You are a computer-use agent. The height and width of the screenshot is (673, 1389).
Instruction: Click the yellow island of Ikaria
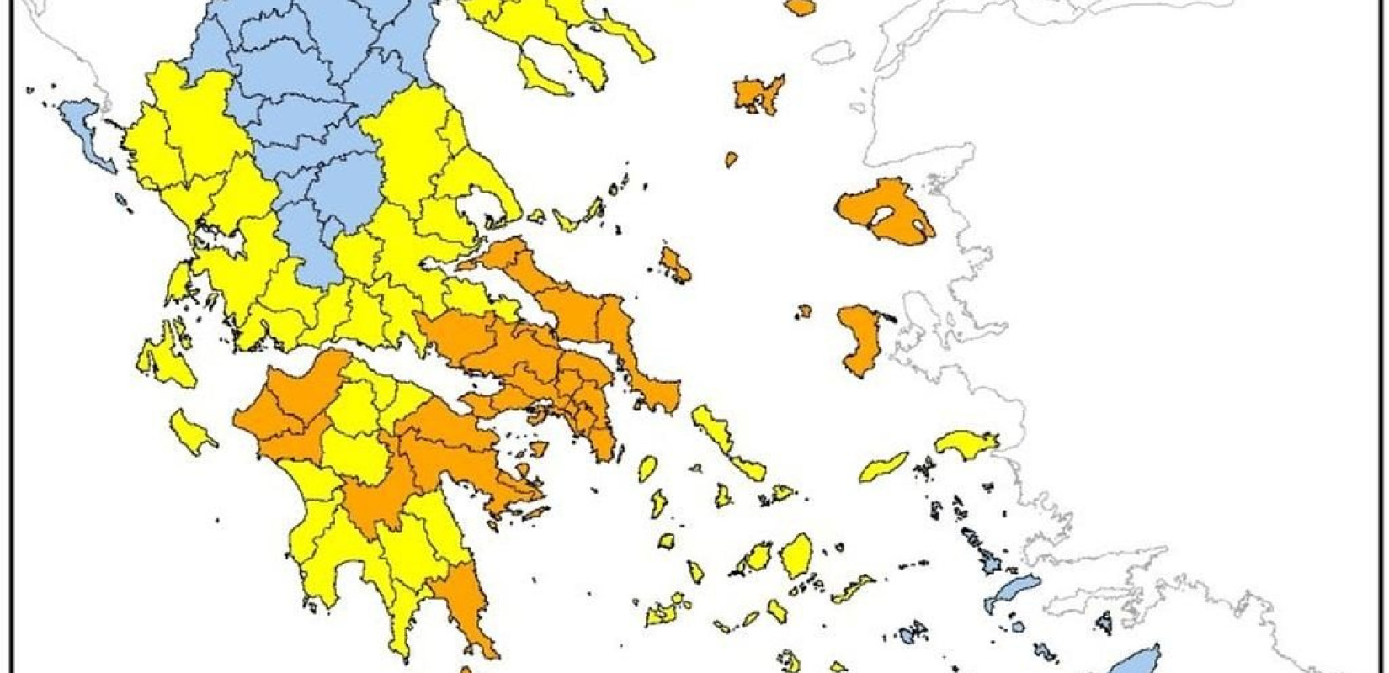(x=884, y=467)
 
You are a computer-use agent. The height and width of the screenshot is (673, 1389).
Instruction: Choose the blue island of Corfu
(x=88, y=135)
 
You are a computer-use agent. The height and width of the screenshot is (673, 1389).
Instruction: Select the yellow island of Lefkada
(x=179, y=282)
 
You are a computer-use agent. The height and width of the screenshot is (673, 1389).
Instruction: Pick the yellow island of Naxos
(x=796, y=555)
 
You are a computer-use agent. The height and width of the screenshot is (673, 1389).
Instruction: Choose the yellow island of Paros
(x=758, y=557)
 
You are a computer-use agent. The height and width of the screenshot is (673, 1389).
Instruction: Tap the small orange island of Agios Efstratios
(x=731, y=158)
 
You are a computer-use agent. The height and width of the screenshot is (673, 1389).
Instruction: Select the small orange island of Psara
(x=805, y=310)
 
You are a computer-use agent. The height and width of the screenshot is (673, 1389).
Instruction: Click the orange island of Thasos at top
(x=800, y=7)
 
